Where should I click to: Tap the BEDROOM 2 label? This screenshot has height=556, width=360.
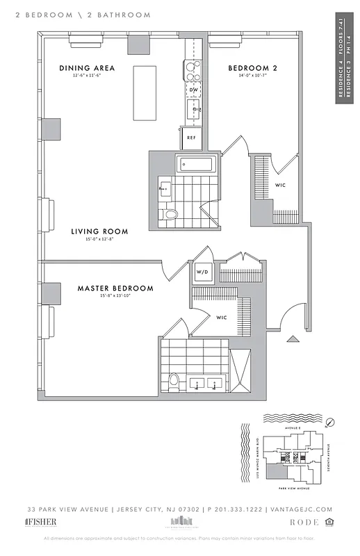click(252, 67)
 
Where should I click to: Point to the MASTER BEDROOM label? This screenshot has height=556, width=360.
click(115, 288)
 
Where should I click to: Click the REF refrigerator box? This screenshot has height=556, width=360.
click(193, 138)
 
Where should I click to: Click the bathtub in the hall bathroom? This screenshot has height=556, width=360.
click(197, 165)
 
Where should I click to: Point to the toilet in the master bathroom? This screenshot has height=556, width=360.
click(174, 380)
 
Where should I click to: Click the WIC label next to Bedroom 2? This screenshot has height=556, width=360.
click(281, 184)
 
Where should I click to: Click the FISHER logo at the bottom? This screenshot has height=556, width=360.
click(41, 522)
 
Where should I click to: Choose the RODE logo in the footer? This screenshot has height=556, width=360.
click(304, 522)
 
